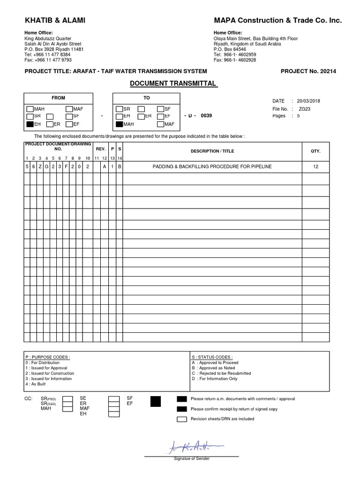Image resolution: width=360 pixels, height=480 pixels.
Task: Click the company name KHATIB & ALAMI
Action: pos(55,21)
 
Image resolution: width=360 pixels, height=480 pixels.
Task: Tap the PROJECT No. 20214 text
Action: pos(308,71)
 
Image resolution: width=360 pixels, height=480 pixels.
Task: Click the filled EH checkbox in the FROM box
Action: pos(30,124)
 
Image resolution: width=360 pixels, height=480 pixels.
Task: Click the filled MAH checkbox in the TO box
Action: pos(119,124)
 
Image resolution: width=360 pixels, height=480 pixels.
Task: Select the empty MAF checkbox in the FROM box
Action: pos(69,109)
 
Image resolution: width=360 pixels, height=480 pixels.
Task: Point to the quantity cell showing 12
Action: pos(315,166)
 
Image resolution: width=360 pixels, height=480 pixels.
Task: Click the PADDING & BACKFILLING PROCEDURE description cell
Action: pos(212,166)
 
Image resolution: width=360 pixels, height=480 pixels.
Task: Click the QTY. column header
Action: pos(315,151)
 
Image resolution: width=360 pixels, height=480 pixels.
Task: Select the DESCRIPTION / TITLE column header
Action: pos(212,151)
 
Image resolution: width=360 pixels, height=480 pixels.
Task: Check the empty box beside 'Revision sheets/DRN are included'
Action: pos(182,419)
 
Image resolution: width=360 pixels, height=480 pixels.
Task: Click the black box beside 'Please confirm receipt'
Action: pos(182,409)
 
